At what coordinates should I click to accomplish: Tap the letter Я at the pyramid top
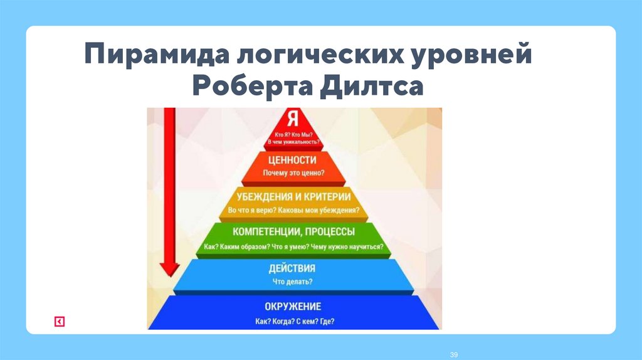point(293,119)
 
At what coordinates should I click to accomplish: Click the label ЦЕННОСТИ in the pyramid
point(293,160)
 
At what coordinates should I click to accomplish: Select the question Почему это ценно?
point(293,172)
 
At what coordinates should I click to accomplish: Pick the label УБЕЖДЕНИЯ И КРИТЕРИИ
point(293,197)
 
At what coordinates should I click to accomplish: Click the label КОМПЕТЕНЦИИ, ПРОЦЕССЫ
point(293,233)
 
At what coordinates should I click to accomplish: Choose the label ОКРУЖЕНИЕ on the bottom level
point(293,306)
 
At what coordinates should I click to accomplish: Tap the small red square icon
point(60,322)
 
